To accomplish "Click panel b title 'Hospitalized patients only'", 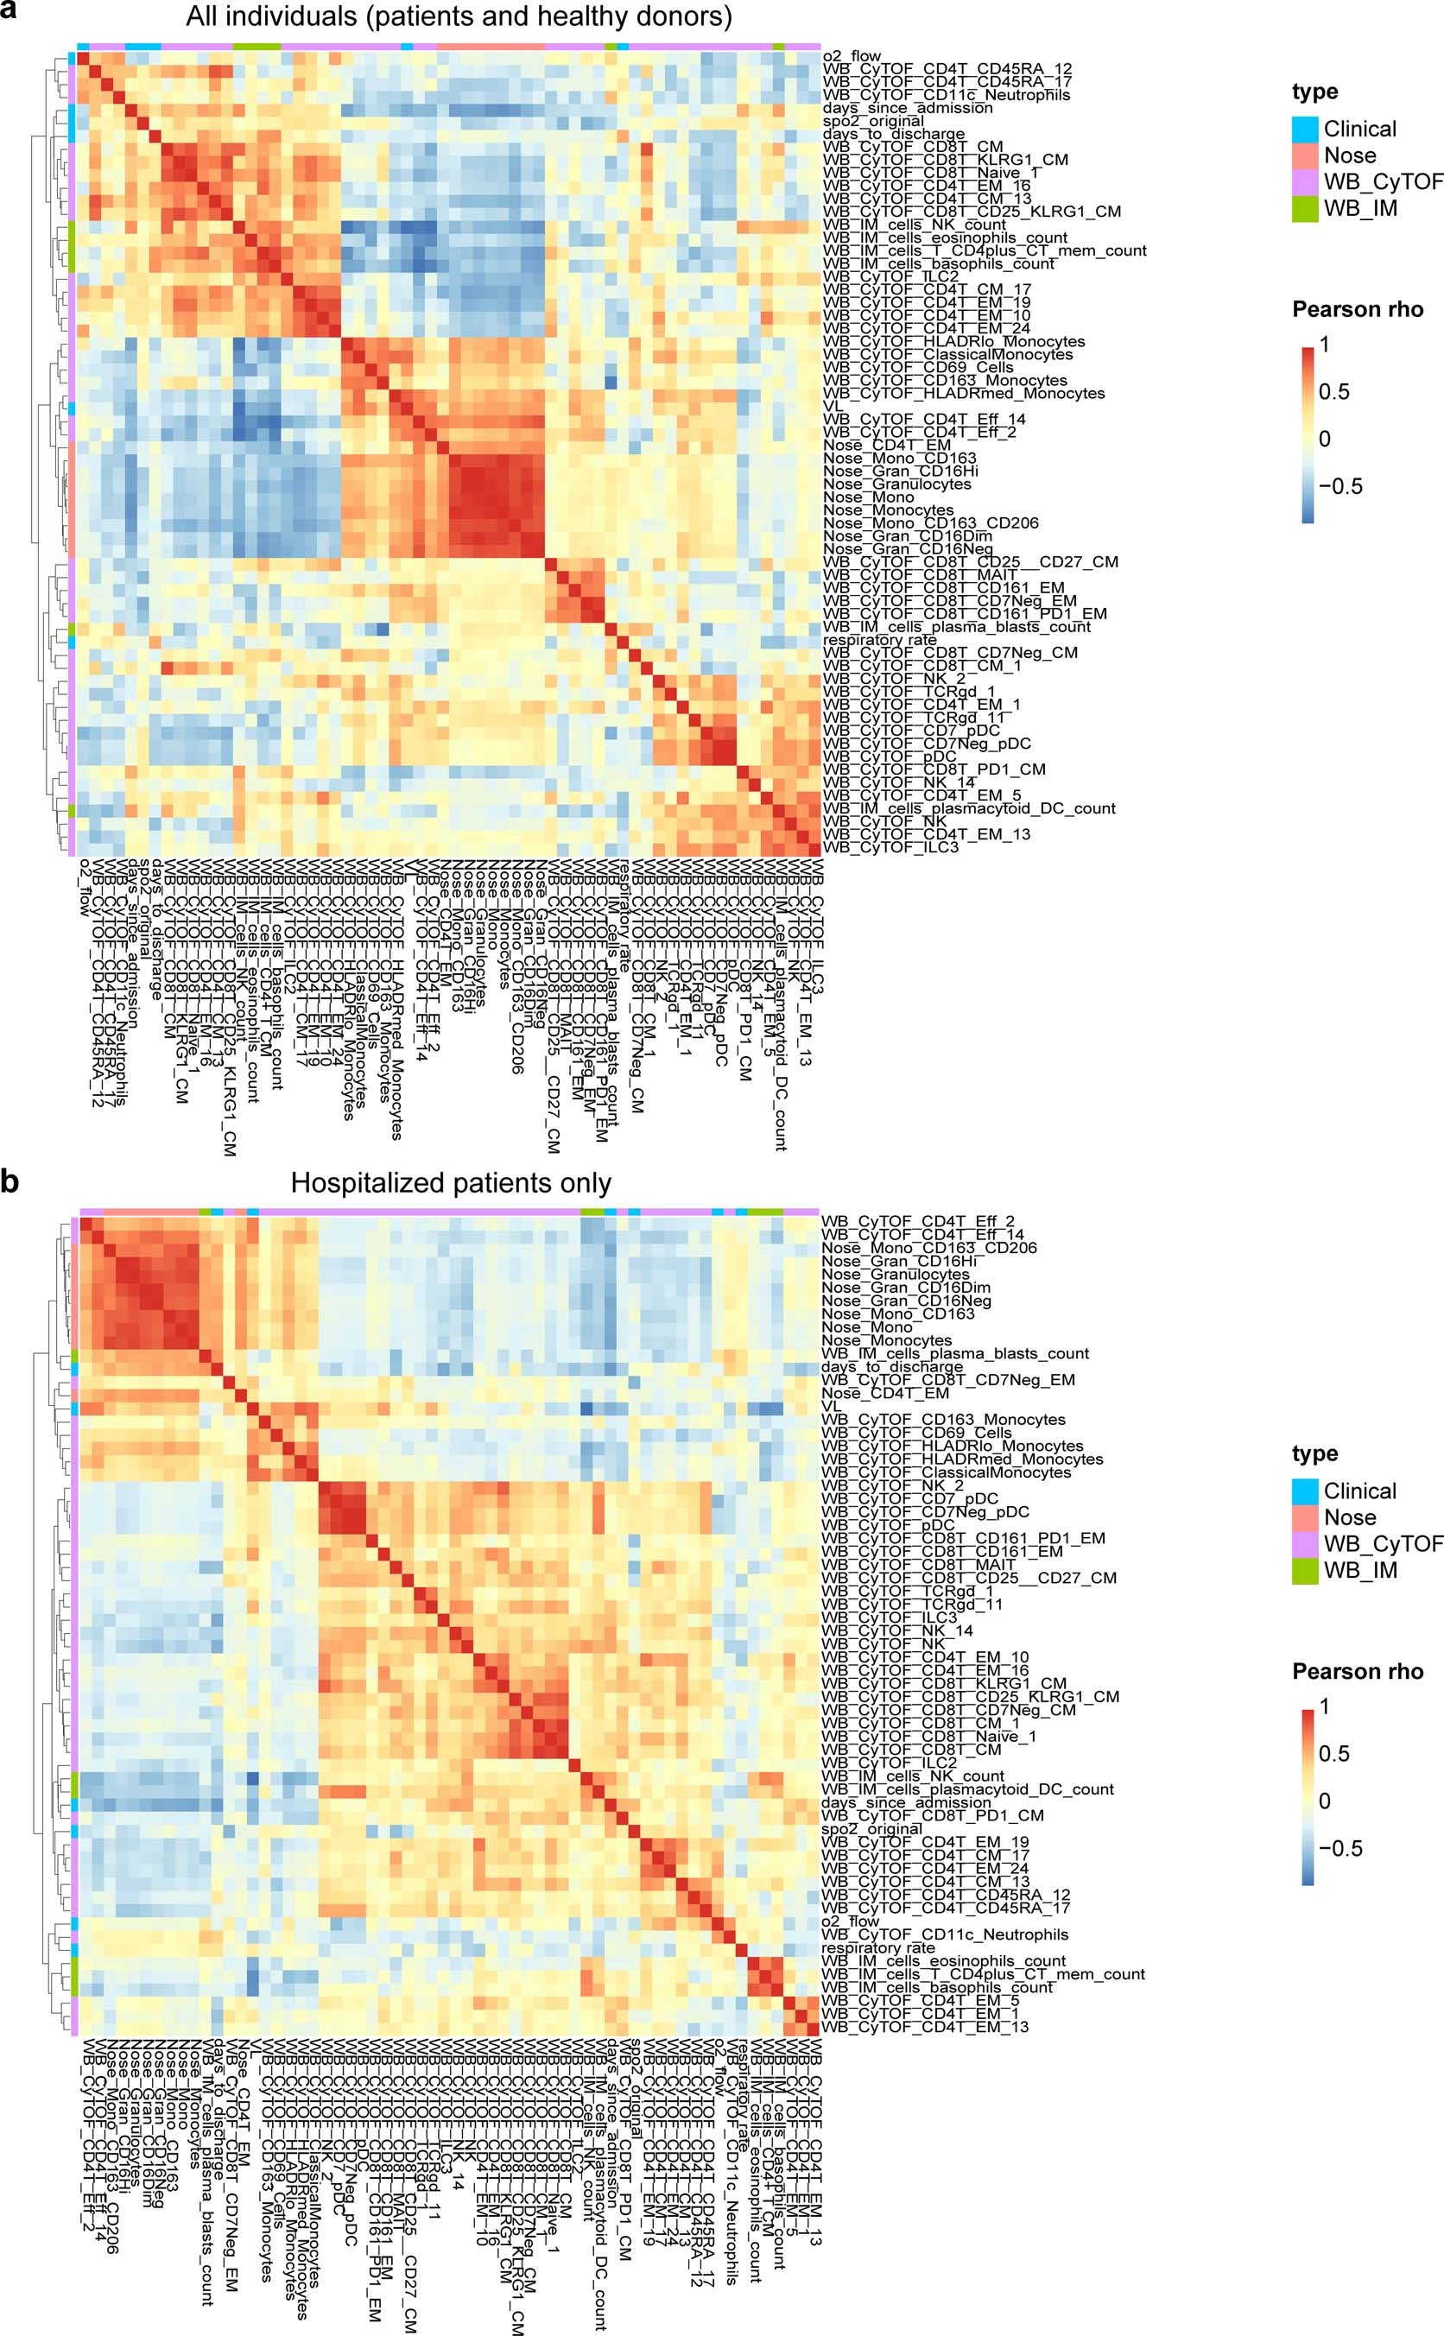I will tap(450, 1183).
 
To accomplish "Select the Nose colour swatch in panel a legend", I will tap(1306, 155).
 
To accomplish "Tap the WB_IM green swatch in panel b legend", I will tap(1306, 1571).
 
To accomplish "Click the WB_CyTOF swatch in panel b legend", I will tap(1306, 1544).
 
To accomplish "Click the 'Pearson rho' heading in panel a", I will tap(1357, 309).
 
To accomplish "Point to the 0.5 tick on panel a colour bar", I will tap(1335, 391).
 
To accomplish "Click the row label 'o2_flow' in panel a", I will tap(852, 56).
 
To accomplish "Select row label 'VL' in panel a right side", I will tap(831, 406).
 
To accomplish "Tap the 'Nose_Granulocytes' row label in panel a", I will tap(896, 484).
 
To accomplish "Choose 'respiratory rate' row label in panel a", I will tap(879, 640).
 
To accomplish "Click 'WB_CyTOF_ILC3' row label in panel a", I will tap(890, 847).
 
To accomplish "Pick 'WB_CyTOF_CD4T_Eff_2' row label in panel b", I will tap(917, 1221).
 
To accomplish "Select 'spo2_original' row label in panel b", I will tap(872, 1829).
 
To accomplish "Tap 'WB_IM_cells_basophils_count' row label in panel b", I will tap(937, 1987).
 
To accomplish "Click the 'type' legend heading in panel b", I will tap(1314, 1453).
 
